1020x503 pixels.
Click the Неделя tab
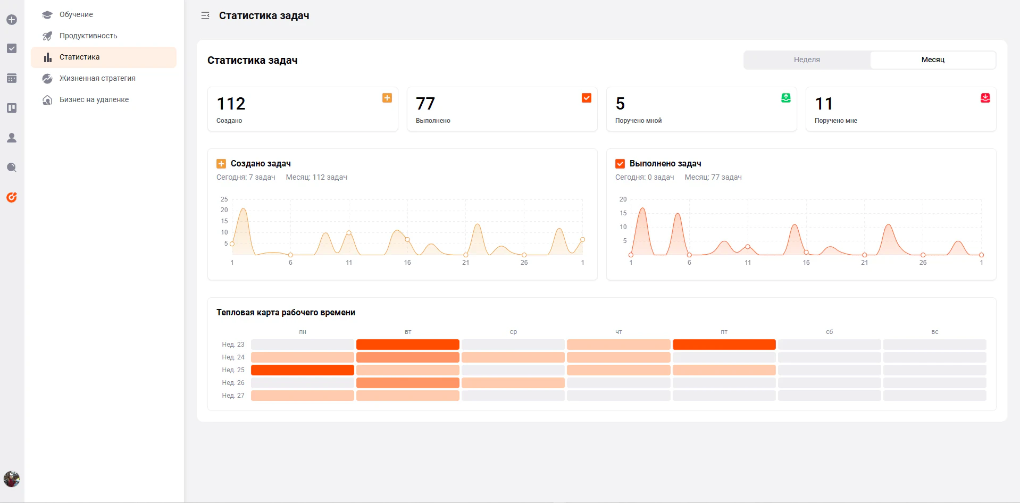807,60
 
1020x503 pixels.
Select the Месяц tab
933,60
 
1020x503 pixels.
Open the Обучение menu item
76,14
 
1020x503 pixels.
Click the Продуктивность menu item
88,36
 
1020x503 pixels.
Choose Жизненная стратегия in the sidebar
97,78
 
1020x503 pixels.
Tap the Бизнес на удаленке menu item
94,99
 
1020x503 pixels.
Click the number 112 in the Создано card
231,103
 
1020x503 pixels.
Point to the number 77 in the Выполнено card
425,103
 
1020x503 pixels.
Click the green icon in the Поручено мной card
786,98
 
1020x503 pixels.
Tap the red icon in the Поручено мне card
985,98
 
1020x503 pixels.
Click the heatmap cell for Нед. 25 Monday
303,370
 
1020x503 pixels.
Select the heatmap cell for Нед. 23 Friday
724,345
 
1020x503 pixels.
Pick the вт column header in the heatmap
408,332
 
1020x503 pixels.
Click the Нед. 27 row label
233,396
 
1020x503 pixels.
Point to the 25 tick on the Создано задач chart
224,199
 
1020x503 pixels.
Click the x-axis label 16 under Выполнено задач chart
806,263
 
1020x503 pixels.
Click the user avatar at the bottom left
12,479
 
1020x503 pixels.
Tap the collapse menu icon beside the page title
205,16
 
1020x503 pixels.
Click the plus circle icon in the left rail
12,20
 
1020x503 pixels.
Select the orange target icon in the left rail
12,197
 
